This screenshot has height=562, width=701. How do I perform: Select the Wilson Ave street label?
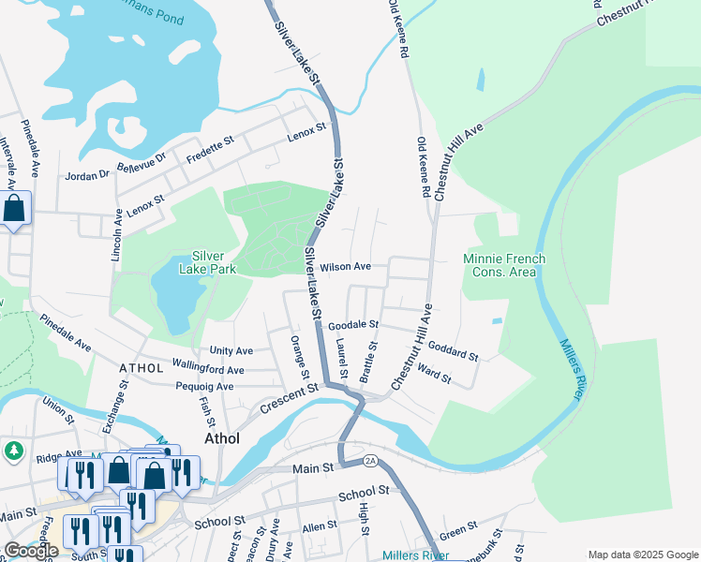point(345,267)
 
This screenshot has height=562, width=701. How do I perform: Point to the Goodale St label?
point(353,325)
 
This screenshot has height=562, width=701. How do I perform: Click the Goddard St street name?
point(455,351)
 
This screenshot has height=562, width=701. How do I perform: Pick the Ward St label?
point(434,375)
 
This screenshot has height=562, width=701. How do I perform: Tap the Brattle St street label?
point(372,360)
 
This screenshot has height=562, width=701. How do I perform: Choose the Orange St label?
point(299,357)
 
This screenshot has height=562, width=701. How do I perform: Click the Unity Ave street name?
point(231,350)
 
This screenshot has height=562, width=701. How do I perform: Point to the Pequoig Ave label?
point(204,386)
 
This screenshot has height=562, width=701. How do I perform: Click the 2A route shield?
point(369,460)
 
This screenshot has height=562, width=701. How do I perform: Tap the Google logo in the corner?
point(31,551)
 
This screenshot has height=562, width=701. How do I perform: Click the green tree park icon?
point(13,451)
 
